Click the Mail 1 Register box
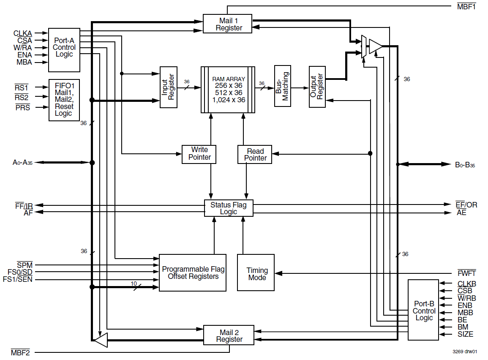[227, 24]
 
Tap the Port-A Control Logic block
[64, 50]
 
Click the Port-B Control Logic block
[424, 311]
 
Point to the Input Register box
[168, 87]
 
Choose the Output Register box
[317, 87]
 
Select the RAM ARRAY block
[228, 89]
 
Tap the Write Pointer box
[199, 154]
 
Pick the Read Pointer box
[254, 155]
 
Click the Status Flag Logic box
[228, 208]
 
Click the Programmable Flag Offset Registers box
[193, 273]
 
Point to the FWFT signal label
[466, 273]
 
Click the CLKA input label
[22, 33]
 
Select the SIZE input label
[465, 334]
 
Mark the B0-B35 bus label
[465, 165]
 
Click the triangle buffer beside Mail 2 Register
[101, 339]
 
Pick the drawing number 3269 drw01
[465, 352]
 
